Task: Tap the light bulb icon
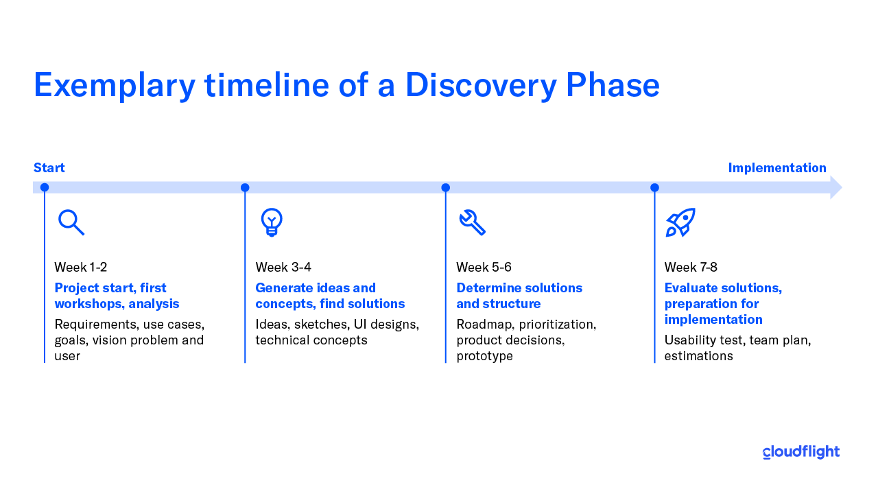tap(272, 222)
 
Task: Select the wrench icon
tap(473, 222)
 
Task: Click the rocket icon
tap(680, 222)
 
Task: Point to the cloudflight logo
tap(800, 452)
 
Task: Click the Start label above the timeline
tap(49, 168)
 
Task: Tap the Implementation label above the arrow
tap(777, 168)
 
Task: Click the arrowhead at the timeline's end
tap(835, 187)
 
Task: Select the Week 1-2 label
tap(80, 268)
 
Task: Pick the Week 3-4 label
tap(283, 268)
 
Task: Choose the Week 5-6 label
tap(484, 268)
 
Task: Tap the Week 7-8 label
tap(691, 268)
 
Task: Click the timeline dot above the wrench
tap(446, 187)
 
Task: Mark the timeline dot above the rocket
tap(654, 187)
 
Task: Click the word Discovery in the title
tap(481, 86)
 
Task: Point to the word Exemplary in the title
tap(115, 86)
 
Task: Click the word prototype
tap(484, 356)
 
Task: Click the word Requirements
tap(95, 325)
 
